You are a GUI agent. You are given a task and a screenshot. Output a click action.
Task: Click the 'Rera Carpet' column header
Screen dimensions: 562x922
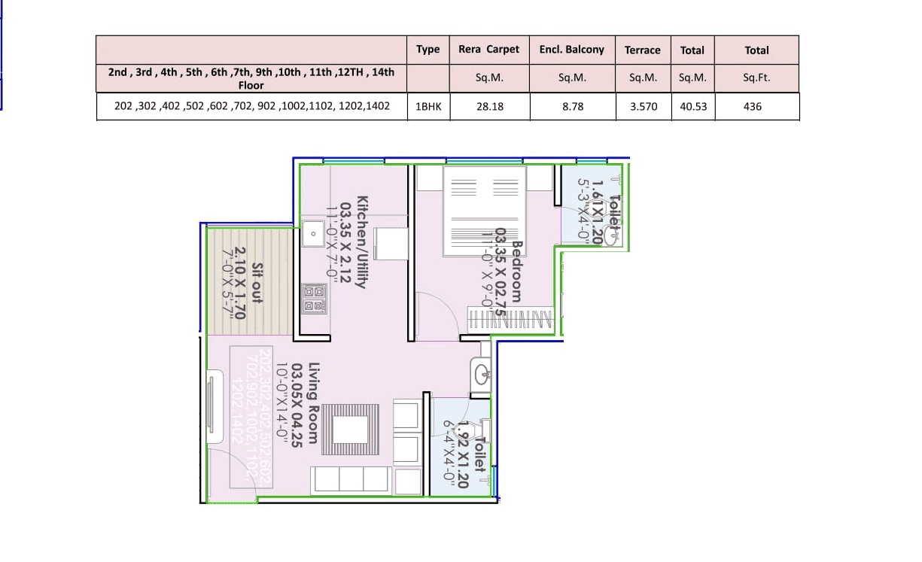[488, 50]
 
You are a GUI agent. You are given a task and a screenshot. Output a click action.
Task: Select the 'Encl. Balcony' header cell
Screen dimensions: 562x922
[571, 50]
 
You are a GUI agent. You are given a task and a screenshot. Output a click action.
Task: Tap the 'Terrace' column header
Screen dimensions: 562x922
[642, 50]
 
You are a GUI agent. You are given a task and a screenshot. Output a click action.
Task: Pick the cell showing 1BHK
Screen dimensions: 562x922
[428, 107]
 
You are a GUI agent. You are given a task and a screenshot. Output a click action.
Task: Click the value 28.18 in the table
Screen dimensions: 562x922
[489, 107]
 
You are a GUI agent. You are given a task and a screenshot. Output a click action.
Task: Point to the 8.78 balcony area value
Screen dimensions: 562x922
[572, 107]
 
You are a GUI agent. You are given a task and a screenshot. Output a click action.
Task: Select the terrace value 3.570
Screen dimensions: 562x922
[643, 107]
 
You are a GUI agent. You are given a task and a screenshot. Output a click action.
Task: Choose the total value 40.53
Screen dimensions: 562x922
[692, 107]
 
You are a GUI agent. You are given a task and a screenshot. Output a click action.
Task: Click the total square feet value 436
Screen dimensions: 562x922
[752, 107]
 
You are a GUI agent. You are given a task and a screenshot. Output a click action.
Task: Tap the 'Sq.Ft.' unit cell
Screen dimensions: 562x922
[756, 77]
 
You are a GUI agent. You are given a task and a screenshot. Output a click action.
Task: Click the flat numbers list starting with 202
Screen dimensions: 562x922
[251, 106]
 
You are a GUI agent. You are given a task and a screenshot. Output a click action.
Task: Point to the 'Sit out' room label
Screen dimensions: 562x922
[257, 282]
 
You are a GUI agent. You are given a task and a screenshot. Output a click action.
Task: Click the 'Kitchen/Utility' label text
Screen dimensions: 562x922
[362, 242]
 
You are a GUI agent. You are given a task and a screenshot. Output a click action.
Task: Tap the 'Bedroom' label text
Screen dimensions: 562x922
[516, 271]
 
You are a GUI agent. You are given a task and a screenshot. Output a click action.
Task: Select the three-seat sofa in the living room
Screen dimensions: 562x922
[351, 479]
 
